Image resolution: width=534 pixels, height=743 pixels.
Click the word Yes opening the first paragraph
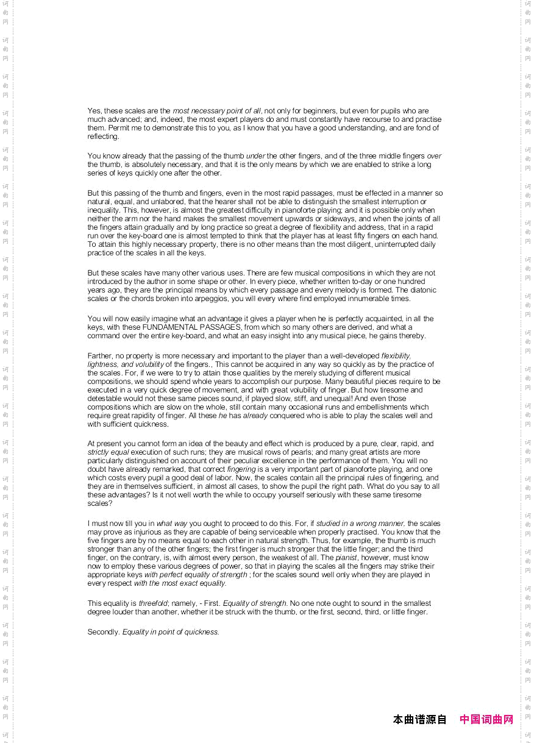[94, 111]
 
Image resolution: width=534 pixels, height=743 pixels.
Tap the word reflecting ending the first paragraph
[102, 137]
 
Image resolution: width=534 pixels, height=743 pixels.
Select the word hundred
[411, 282]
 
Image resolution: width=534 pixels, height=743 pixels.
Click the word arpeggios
[208, 299]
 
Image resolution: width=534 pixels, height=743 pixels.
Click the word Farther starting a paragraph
[101, 356]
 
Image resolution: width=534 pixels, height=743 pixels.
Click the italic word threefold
[152, 603]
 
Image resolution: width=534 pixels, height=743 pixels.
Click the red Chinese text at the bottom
[486, 720]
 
